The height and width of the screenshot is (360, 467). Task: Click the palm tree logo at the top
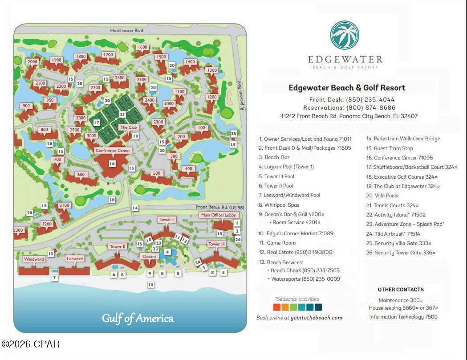(344, 35)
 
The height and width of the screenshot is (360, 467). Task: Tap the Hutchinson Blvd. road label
(129, 31)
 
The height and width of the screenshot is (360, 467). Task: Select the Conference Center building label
(113, 151)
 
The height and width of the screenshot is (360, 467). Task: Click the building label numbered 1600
(142, 47)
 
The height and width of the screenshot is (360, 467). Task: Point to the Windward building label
(34, 259)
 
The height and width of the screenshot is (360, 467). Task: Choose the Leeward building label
(75, 259)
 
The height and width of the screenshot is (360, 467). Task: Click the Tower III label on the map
(217, 244)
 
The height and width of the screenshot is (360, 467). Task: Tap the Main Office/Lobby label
(218, 215)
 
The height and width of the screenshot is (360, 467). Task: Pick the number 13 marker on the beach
(151, 284)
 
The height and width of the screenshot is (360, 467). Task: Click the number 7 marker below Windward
(54, 278)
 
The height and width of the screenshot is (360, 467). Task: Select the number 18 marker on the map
(112, 200)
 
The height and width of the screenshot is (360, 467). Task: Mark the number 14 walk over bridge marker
(135, 208)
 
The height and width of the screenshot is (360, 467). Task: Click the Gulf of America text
(138, 318)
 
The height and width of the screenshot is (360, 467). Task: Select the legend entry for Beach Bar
(277, 157)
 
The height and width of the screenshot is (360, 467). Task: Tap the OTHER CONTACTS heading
(400, 289)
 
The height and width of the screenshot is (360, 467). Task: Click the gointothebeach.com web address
(317, 318)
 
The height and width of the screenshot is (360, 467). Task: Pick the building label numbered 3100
(64, 205)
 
